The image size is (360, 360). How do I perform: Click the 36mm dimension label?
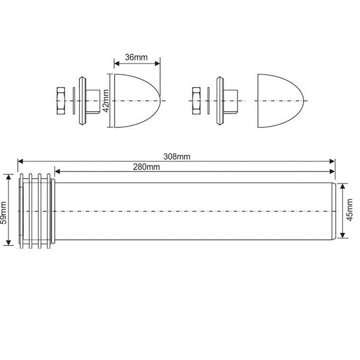(136, 58)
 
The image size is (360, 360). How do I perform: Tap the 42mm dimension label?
(106, 101)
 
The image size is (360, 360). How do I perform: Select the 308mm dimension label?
(177, 157)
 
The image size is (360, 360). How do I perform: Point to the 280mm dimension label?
(146, 167)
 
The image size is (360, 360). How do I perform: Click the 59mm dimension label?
(4, 212)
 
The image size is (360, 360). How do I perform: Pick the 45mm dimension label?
(349, 210)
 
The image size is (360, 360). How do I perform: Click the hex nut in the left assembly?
(61, 101)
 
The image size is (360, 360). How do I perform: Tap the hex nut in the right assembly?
(196, 101)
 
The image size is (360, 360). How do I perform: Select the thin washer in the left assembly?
(74, 101)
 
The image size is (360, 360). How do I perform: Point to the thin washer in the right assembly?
(208, 101)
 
